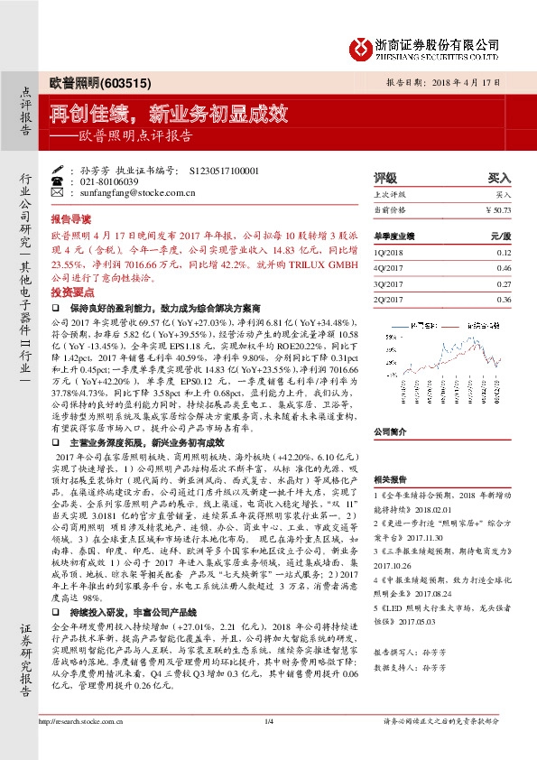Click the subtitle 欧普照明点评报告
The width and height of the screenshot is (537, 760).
click(134, 137)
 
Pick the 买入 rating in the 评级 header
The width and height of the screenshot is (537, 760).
click(499, 179)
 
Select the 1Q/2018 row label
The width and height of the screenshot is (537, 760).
click(388, 255)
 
